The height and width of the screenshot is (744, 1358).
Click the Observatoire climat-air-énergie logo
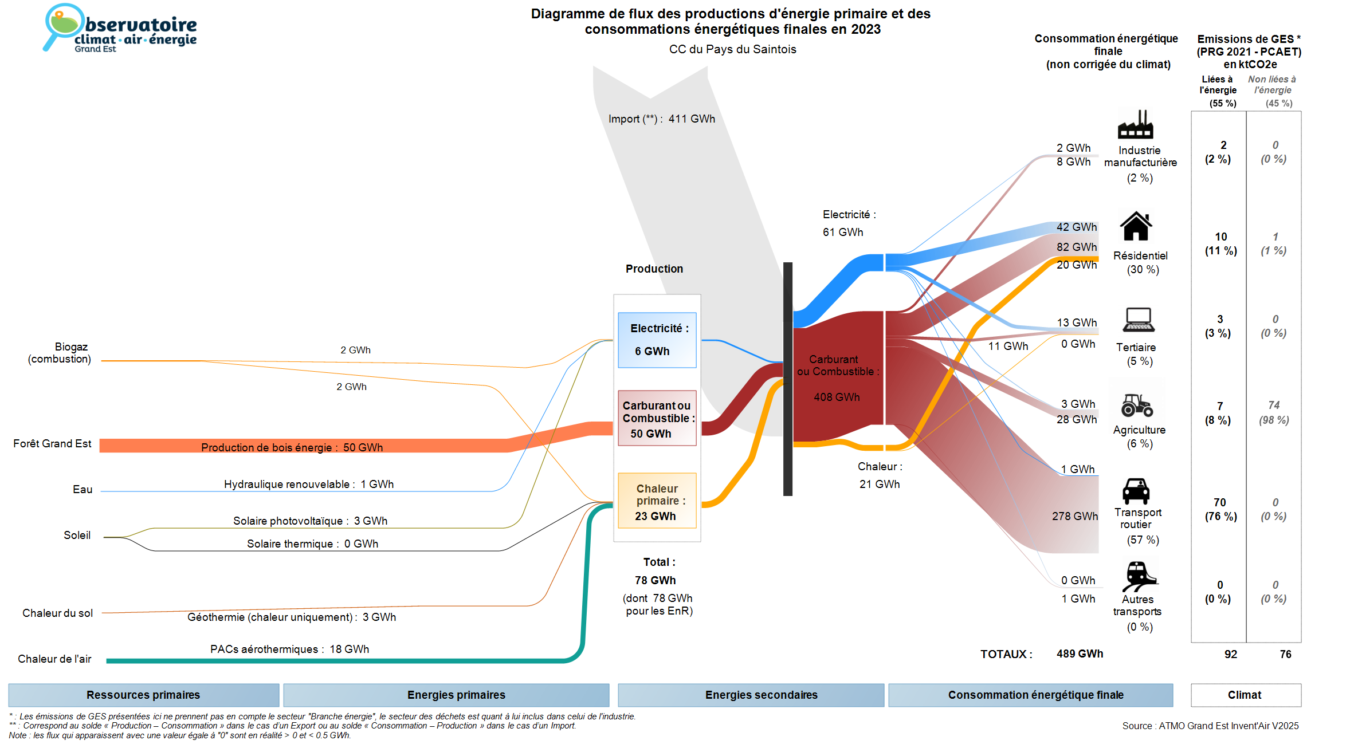point(120,29)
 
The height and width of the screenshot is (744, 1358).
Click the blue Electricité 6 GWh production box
point(657,340)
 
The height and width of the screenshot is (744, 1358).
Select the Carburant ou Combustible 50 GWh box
point(657,418)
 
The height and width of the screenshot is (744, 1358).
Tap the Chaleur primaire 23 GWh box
point(657,501)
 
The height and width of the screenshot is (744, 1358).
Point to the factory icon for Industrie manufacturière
point(1135,125)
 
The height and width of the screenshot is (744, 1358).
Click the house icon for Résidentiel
point(1136,226)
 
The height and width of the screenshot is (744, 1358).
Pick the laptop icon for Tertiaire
point(1139,320)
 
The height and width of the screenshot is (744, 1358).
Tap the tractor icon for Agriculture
point(1137,405)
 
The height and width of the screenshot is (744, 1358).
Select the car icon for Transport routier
point(1136,491)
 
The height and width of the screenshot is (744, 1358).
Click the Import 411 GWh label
point(662,119)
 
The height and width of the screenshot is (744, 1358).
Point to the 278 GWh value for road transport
point(1074,516)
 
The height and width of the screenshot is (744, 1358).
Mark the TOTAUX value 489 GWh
point(1080,654)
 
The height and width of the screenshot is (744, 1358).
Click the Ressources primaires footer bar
point(143,695)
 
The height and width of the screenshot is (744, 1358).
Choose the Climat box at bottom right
point(1245,695)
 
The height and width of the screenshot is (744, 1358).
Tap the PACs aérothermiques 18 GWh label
point(289,649)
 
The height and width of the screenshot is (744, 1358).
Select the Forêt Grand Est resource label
point(52,443)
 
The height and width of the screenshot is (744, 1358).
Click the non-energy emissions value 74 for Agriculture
point(1274,405)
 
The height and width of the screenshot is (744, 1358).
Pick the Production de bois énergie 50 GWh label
point(292,447)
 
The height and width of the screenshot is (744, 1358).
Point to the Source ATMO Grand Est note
point(1210,726)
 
